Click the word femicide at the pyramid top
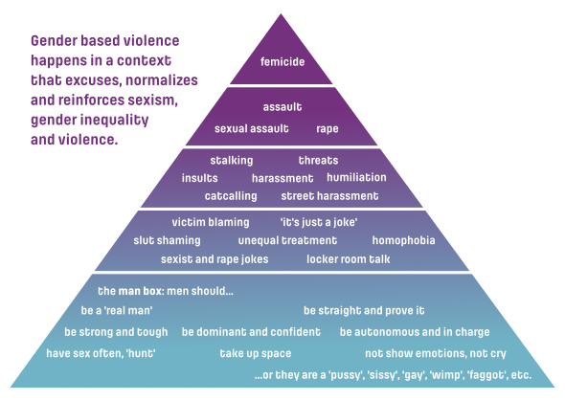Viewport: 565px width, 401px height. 282,61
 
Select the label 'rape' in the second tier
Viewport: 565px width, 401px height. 328,129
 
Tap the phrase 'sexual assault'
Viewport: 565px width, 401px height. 252,128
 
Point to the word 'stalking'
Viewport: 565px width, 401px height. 232,161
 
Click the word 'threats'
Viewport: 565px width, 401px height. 319,160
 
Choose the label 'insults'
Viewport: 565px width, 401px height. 199,178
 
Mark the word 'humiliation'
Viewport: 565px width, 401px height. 356,177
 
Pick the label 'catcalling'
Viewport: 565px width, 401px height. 231,196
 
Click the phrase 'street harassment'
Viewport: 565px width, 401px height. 329,196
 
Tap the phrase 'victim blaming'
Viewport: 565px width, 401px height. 211,222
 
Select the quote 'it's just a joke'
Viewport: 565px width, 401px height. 319,222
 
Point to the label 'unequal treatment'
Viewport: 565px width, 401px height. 287,240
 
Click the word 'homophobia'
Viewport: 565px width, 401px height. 403,240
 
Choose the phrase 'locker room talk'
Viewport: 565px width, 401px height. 348,259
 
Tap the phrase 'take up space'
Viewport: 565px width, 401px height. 256,353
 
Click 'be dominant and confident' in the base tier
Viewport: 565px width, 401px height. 251,331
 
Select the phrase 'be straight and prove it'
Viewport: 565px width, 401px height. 364,311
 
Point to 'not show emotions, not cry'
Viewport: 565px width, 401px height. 436,353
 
